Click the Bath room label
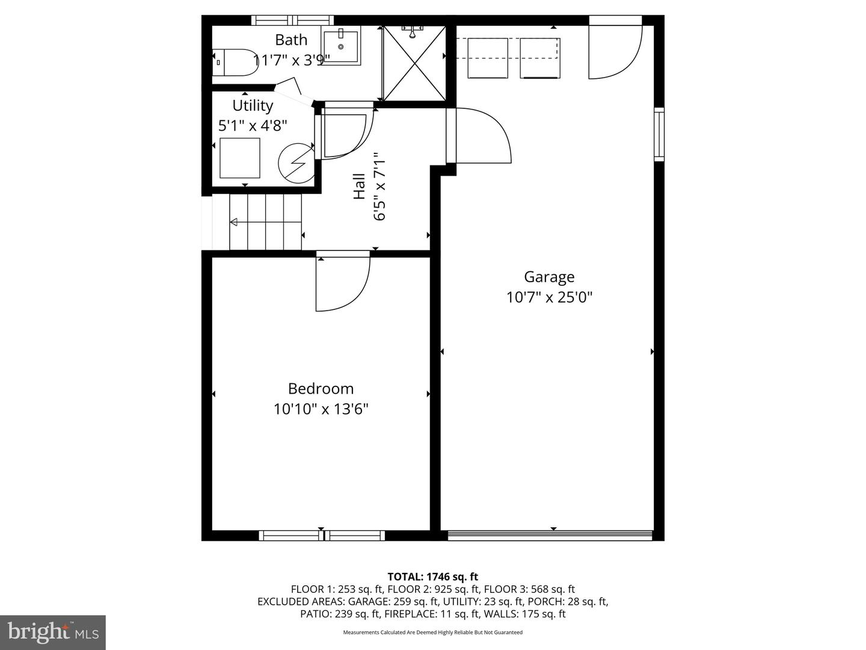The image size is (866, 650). tap(290, 40)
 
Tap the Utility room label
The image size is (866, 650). tap(253, 106)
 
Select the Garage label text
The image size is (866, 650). tap(549, 277)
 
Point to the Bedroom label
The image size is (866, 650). tap(321, 389)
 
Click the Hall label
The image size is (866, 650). tap(359, 187)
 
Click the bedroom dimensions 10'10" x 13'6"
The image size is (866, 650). tap(321, 409)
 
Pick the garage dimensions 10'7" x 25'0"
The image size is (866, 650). tap(549, 297)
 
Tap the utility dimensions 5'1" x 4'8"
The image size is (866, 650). tap(253, 126)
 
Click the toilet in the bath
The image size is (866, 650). tap(235, 63)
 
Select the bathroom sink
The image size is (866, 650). tap(341, 46)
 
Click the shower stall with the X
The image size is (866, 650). tap(414, 63)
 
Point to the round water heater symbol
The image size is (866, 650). tap(296, 163)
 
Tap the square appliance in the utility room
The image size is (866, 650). tap(240, 158)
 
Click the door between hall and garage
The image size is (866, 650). tap(479, 135)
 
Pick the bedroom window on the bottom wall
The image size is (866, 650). tap(322, 536)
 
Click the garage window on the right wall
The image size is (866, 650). tap(659, 134)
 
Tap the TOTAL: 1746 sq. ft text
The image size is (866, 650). tap(433, 577)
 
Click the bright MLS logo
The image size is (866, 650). tap(53, 633)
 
